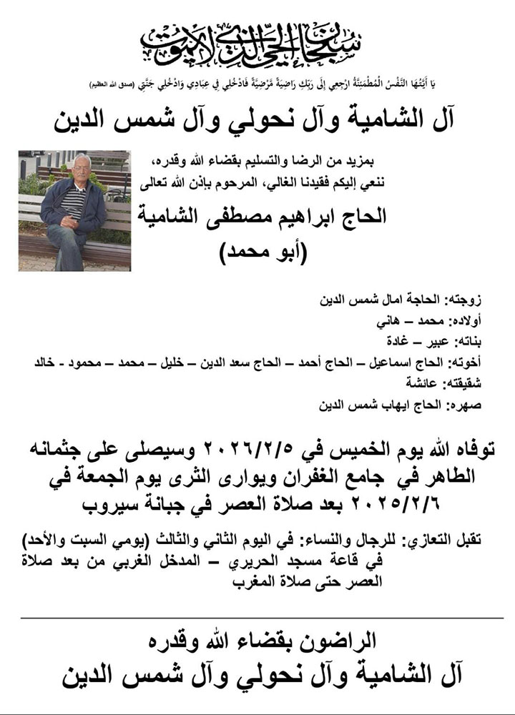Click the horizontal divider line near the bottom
click(257, 617)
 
